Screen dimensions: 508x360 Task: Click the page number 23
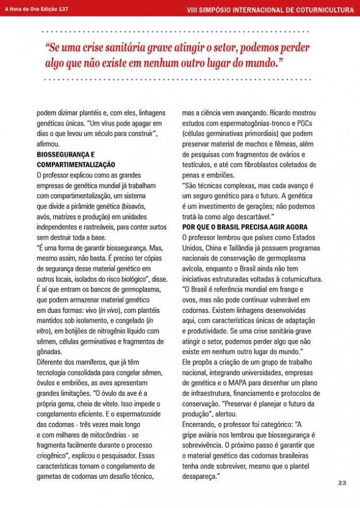(x=342, y=483)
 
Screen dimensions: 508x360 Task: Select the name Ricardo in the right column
(x=283, y=113)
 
